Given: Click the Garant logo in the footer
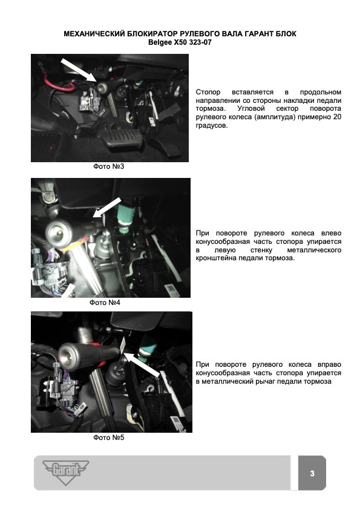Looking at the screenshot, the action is (x=65, y=472).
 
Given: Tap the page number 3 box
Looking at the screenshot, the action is (x=312, y=473).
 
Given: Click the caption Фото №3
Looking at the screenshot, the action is (x=109, y=166).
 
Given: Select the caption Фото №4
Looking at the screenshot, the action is (x=105, y=303).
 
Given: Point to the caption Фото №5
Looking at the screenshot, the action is (x=109, y=438).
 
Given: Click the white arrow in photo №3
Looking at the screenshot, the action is (x=79, y=70).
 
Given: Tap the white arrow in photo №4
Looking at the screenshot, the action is (x=107, y=208).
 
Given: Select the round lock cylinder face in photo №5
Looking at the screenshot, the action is (x=68, y=356).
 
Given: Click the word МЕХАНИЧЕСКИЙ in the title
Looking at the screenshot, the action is (x=94, y=34).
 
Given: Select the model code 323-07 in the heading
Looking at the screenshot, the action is (x=200, y=42).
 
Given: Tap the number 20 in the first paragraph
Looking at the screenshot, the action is (x=337, y=117).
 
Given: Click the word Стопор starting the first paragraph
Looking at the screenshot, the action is (x=208, y=92).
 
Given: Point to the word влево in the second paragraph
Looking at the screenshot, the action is (x=332, y=233).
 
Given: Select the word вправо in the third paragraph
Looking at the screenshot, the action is (x=330, y=364).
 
